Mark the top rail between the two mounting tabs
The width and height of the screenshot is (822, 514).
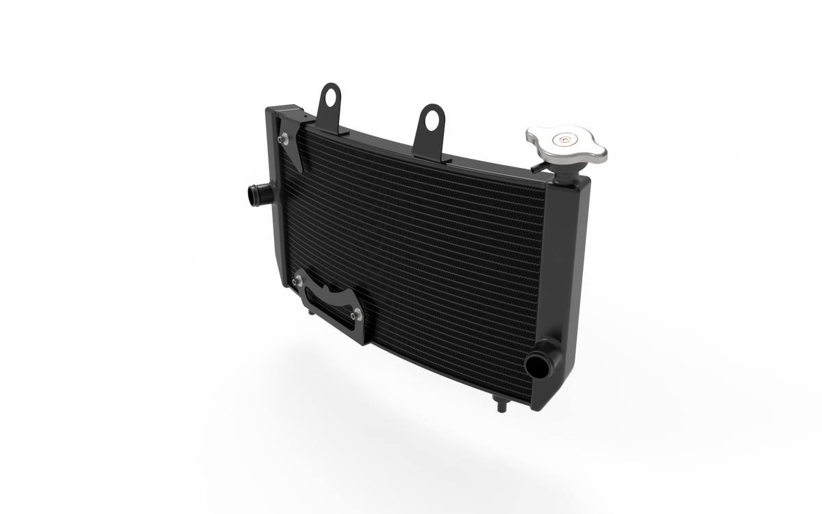click(x=384, y=134)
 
